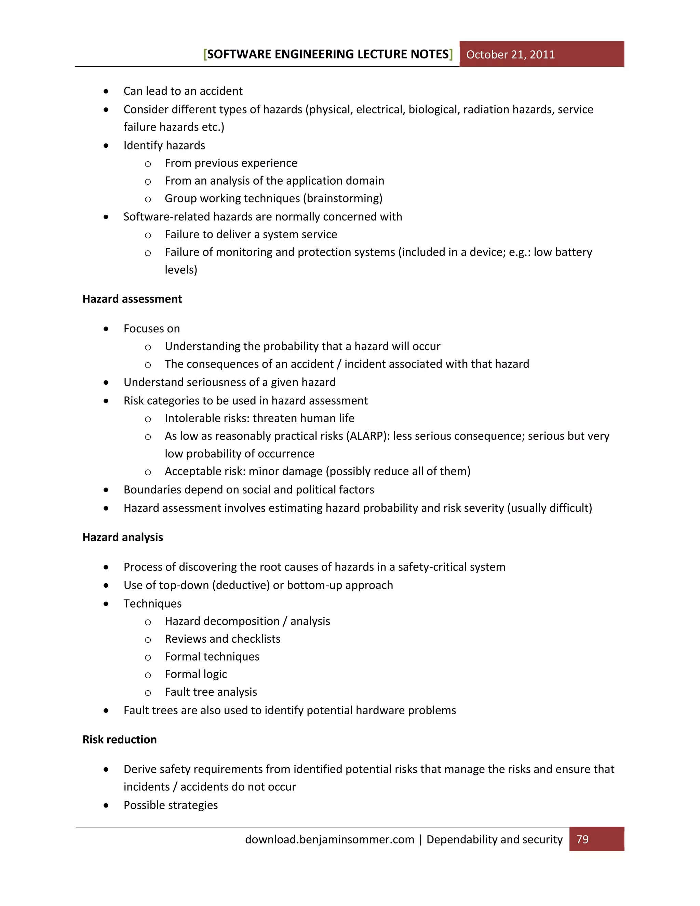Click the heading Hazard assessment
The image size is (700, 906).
(132, 299)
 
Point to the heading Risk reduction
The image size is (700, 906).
(119, 740)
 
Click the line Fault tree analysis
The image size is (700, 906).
(211, 692)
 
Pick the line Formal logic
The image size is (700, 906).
(196, 674)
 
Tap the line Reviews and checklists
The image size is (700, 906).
(222, 639)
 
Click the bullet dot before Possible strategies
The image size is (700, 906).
(106, 805)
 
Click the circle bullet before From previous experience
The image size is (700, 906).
(148, 164)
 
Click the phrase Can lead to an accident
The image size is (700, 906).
(183, 91)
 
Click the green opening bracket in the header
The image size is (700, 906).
(205, 54)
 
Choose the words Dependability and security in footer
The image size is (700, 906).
(494, 840)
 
